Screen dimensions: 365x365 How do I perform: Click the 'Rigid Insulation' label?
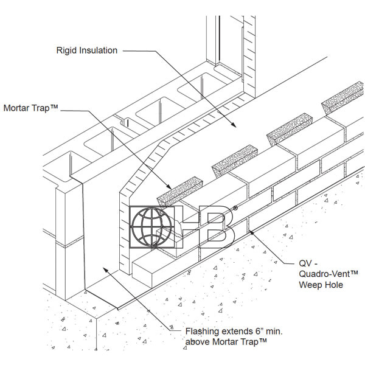pyautogui.click(x=87, y=50)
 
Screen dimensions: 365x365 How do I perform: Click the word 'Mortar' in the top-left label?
pyautogui.click(x=18, y=109)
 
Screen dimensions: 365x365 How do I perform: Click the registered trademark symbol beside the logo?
pyautogui.click(x=235, y=207)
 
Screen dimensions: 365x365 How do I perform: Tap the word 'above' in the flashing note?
pyautogui.click(x=198, y=343)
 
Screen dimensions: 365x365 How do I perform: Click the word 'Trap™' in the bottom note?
pyautogui.click(x=254, y=343)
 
